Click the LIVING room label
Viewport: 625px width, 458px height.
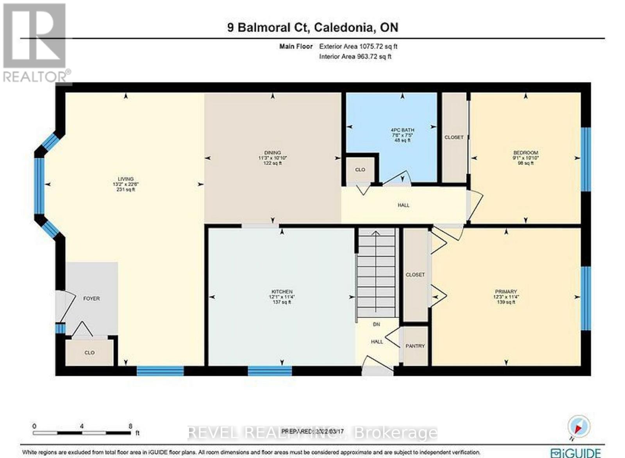126,179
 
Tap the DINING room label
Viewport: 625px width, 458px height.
272,153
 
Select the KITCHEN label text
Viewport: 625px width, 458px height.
282,292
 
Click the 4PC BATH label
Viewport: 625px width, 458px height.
402,130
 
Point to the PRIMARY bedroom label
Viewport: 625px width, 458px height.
506,292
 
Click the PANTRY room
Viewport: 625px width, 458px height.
415,346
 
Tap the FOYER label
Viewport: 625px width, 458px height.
91,298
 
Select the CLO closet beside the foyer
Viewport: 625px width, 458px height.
89,352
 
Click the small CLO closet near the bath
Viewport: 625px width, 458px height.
360,170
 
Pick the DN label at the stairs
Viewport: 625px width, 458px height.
376,324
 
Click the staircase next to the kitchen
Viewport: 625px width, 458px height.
376,273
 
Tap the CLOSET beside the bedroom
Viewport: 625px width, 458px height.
454,137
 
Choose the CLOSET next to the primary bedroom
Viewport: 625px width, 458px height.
415,275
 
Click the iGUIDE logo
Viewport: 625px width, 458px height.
575,453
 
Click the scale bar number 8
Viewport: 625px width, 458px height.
130,426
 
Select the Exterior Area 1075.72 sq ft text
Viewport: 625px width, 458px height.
358,46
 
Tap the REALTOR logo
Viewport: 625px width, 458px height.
36,43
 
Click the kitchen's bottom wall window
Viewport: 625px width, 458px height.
270,371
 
